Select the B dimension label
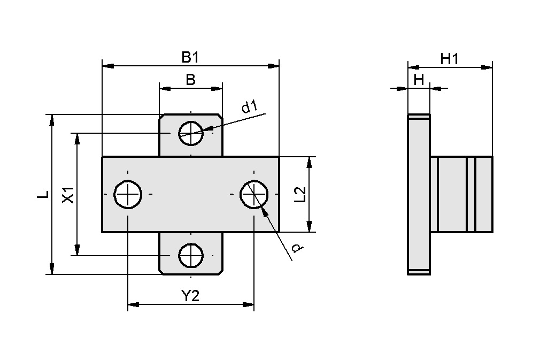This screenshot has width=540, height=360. pos(190,80)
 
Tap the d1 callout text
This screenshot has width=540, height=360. pos(249,108)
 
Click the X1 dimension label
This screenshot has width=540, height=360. pos(68,195)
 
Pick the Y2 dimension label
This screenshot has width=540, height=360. pos(190,296)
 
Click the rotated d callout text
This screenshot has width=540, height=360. pos(297,248)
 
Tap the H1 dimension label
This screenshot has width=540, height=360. pos(449,59)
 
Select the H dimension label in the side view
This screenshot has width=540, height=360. pos(419,80)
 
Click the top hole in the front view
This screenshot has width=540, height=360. pos(191,133)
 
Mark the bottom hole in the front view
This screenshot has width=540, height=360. pos(191,255)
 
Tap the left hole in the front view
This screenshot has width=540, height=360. pos(128,194)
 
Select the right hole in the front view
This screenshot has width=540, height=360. pos(253,194)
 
